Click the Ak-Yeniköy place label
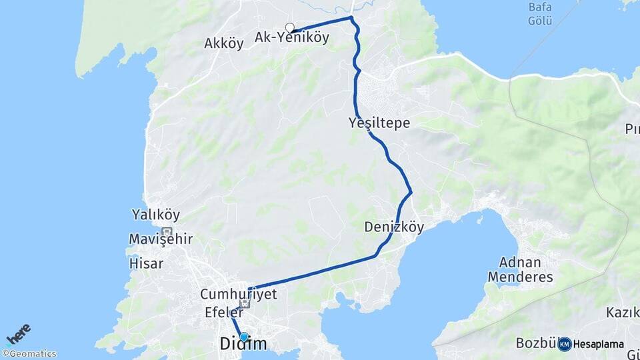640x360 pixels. (292, 38)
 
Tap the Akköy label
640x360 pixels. (224, 44)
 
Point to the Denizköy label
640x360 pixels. (394, 227)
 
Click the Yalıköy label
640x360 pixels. (156, 215)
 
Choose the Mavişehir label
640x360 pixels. (161, 239)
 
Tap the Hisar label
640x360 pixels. (146, 263)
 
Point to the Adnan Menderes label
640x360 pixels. (521, 269)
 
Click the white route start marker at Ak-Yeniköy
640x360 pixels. (290, 27)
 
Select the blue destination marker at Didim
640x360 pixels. (244, 337)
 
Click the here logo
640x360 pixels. (19, 334)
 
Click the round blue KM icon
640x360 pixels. (565, 344)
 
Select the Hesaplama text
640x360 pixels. (599, 345)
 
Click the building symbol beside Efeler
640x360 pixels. (245, 304)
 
